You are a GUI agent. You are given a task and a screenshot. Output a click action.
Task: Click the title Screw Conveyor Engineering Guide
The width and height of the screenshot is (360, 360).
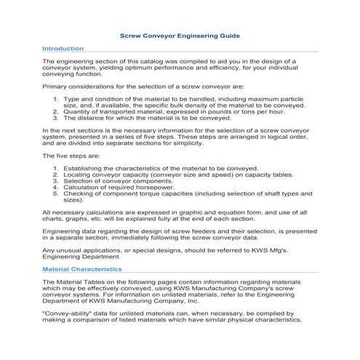coord(179,35)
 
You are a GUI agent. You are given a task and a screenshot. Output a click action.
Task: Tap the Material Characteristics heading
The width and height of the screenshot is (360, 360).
coord(81,268)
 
